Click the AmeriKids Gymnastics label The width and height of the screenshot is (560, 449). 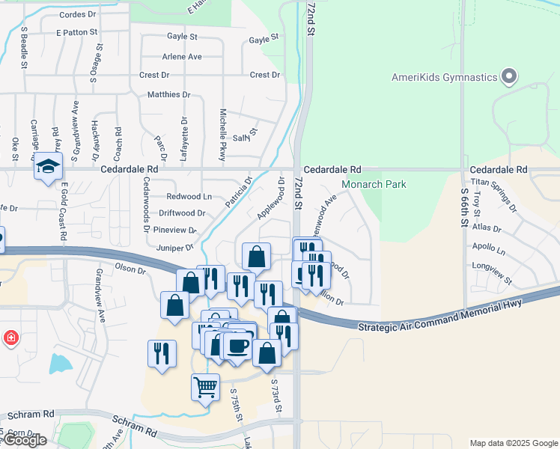[444, 77]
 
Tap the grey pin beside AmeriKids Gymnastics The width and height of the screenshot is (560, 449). [509, 76]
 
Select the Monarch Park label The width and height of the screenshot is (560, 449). [374, 184]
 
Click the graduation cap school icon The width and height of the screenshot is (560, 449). [48, 166]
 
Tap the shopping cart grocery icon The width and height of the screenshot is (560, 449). [206, 388]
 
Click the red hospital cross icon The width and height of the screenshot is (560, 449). [10, 338]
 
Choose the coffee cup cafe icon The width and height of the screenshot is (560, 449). [238, 345]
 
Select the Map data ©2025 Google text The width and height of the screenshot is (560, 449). [513, 443]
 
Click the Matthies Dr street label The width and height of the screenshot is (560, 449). [168, 95]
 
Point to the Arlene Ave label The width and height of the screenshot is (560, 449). [182, 57]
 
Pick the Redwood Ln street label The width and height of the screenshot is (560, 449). [189, 197]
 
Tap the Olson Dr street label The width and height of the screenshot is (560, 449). [129, 267]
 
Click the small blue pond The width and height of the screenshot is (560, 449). [60, 364]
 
